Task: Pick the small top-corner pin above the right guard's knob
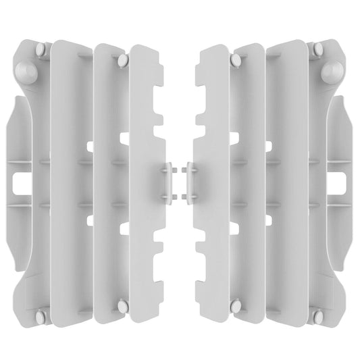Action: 318,49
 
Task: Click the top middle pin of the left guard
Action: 122,61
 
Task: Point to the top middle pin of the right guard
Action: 236,61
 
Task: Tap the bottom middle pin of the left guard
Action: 122,306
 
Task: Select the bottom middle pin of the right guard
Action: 236,306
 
